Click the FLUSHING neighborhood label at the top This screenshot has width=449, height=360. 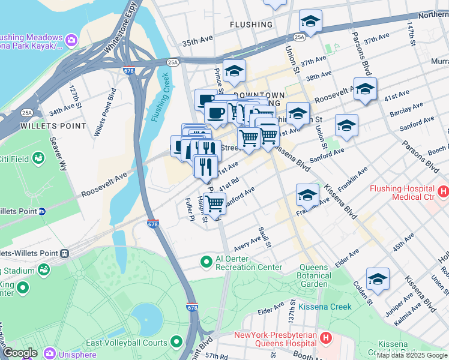tap(251, 25)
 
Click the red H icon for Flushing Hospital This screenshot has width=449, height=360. tap(443, 192)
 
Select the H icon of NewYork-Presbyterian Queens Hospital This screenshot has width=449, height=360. tap(325, 338)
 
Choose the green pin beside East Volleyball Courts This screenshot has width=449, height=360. tap(176, 342)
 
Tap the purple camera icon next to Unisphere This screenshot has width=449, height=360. tap(48, 354)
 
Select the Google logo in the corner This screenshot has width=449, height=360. tap(20, 353)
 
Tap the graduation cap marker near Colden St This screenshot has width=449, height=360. tap(378, 279)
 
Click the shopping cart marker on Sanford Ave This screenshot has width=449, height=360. tap(214, 203)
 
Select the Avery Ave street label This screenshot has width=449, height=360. tap(248, 242)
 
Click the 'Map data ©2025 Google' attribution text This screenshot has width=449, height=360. tap(412, 355)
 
